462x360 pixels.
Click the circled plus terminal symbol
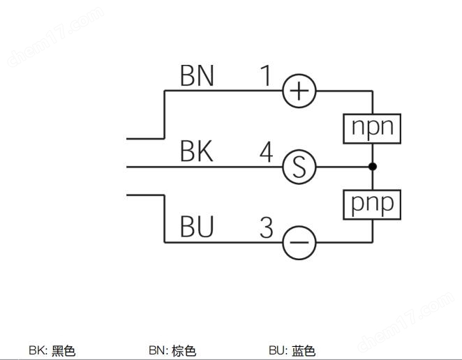pyautogui.click(x=299, y=91)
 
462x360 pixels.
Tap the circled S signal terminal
pyautogui.click(x=299, y=167)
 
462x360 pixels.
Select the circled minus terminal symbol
pyautogui.click(x=299, y=243)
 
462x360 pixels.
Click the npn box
pyautogui.click(x=372, y=128)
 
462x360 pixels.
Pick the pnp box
pyautogui.click(x=372, y=204)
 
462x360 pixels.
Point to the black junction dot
pyautogui.click(x=373, y=167)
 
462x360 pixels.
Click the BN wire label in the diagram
pyautogui.click(x=197, y=75)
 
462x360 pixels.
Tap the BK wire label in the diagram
pyautogui.click(x=197, y=151)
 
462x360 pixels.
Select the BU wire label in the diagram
pyautogui.click(x=197, y=227)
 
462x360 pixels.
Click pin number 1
pyautogui.click(x=266, y=75)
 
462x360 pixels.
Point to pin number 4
pyautogui.click(x=267, y=152)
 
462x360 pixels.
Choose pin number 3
pyautogui.click(x=267, y=227)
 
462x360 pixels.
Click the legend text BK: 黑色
pyautogui.click(x=52, y=350)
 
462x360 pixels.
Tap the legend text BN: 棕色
pyautogui.click(x=172, y=350)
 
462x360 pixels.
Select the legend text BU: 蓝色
pyautogui.click(x=292, y=350)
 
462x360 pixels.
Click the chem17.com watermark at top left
pyautogui.click(x=55, y=37)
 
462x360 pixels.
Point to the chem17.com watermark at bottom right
pyautogui.click(x=406, y=322)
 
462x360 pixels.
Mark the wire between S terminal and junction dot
pyautogui.click(x=343, y=167)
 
